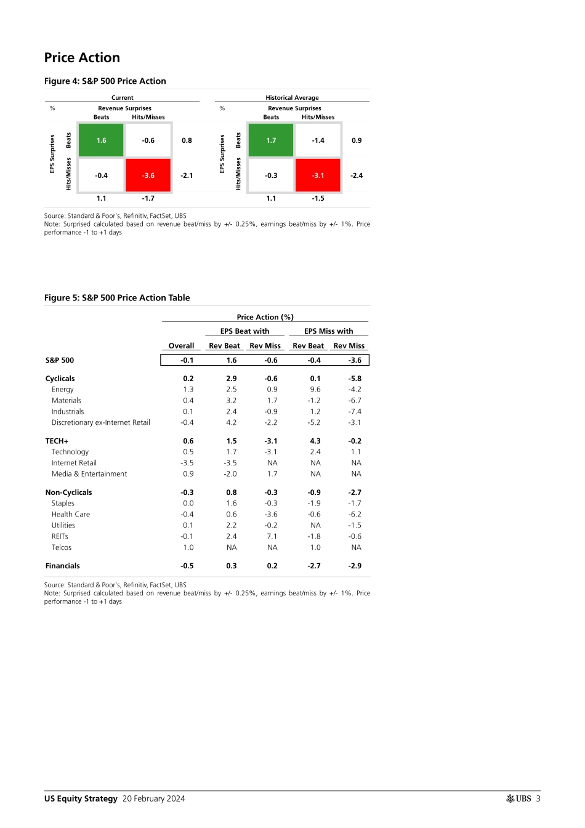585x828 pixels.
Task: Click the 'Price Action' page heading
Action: (x=82, y=58)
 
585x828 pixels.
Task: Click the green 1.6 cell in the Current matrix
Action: (x=102, y=140)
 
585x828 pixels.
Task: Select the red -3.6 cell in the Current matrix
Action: (x=148, y=175)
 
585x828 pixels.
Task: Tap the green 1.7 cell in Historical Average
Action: (x=271, y=140)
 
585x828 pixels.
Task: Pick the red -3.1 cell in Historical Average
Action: (x=318, y=175)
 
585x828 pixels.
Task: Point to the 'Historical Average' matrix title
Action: (x=292, y=98)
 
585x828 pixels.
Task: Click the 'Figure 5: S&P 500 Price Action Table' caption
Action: (x=117, y=298)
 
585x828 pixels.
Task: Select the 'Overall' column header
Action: (x=181, y=346)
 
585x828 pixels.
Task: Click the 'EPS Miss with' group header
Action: (x=328, y=331)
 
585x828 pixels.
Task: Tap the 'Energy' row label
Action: (x=62, y=390)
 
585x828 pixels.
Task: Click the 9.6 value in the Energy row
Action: (x=315, y=390)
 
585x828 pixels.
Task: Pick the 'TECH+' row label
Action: (x=57, y=441)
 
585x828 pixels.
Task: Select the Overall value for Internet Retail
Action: (x=187, y=463)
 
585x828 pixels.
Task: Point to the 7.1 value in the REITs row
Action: (x=272, y=537)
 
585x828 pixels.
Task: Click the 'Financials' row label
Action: (x=62, y=566)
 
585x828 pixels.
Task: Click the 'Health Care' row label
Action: (x=70, y=515)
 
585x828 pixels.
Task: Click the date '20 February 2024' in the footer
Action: (x=153, y=799)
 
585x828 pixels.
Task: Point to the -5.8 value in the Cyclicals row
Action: (x=355, y=379)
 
